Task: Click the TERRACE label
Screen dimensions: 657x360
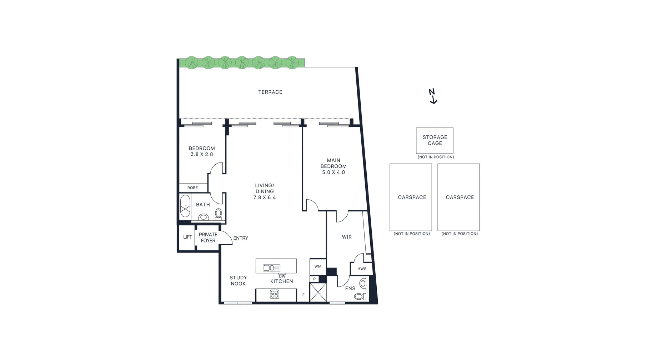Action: tap(270, 92)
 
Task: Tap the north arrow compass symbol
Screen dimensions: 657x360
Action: tap(433, 96)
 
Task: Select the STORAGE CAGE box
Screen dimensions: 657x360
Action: tap(435, 141)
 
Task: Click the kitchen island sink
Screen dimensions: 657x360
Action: tap(271, 268)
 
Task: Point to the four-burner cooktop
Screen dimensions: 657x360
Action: tap(275, 294)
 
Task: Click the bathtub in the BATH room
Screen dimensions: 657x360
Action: tap(185, 206)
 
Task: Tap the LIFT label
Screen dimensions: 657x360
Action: tap(187, 237)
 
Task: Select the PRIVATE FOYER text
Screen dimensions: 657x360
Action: tap(208, 237)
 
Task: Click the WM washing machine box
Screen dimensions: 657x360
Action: tap(318, 266)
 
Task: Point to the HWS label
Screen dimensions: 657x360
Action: tap(362, 269)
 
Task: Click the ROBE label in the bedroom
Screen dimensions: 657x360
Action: tap(192, 188)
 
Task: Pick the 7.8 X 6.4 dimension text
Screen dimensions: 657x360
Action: tap(265, 197)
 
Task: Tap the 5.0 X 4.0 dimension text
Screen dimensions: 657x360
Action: tap(333, 172)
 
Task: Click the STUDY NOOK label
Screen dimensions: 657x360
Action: tap(238, 280)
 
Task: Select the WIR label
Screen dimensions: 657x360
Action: tap(347, 237)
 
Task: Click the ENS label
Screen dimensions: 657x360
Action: tap(350, 289)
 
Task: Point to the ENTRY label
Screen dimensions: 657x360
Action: tap(241, 238)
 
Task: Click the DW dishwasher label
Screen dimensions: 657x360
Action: tap(282, 276)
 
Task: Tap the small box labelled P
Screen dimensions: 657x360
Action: tap(314, 279)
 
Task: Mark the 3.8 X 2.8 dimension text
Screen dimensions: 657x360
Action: tap(202, 154)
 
